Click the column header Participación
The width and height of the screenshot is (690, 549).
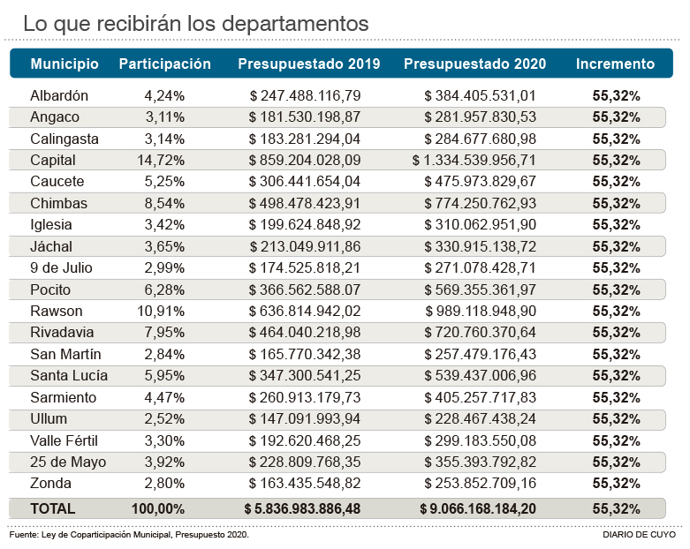164,64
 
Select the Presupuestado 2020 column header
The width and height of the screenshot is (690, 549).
474,64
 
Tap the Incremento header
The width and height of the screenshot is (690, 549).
615,64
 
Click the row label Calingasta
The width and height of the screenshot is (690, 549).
64,139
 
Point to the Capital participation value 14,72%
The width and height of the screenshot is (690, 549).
164,161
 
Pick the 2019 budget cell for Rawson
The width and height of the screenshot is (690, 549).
305,311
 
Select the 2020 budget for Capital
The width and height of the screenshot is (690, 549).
474,161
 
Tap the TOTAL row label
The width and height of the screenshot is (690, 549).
53,508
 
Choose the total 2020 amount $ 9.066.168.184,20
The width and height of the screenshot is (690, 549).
477,508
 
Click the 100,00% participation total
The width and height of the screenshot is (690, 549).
158,508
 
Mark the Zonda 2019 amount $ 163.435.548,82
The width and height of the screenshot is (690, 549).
305,484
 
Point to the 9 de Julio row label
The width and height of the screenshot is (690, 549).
61,267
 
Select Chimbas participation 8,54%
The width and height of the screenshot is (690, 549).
164,203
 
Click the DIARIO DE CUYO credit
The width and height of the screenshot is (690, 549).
639,535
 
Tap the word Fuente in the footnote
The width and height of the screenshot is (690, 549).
24,535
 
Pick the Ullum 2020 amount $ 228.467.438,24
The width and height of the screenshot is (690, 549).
480,418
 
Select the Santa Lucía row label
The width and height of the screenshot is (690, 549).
68,375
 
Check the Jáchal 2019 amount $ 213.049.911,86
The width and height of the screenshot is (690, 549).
305,246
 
